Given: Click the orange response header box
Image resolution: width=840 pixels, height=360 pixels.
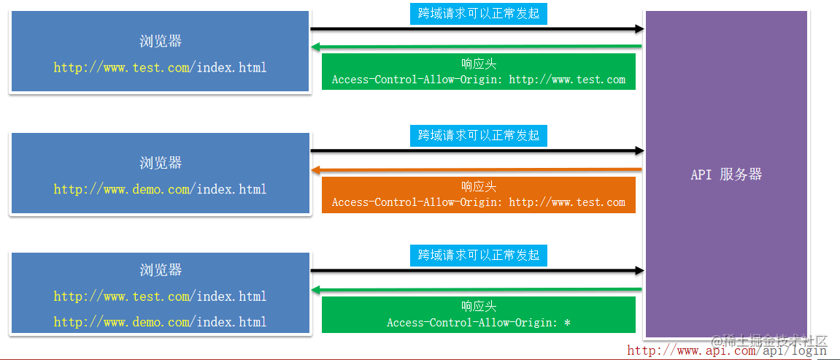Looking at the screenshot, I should pos(478,195).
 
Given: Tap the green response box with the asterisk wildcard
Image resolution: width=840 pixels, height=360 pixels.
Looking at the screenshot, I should pos(478,315).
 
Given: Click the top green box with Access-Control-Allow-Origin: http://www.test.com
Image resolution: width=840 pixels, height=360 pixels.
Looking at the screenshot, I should pos(478,72).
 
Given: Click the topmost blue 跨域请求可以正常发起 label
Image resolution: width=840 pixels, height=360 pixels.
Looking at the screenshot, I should pos(478,14).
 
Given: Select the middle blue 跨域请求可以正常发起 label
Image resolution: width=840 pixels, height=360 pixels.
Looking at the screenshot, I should pos(478,135).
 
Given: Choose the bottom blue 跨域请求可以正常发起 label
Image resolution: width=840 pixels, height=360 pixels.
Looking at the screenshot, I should pos(478,255).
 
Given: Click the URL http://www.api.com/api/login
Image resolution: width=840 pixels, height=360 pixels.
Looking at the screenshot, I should pos(727,351).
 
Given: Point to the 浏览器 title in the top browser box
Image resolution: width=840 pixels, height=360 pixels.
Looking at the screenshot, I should pos(161,42).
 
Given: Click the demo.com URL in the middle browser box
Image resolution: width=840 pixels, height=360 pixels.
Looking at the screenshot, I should pos(160,189).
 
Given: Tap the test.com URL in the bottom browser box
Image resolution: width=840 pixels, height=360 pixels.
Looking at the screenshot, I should pos(160,296).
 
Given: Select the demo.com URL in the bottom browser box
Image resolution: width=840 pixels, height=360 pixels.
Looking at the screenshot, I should pos(160,322).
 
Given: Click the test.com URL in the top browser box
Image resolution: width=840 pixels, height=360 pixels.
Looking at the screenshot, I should pos(160,68).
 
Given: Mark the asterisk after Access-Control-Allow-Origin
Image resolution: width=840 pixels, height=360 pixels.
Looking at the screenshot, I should pos(567,323).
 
